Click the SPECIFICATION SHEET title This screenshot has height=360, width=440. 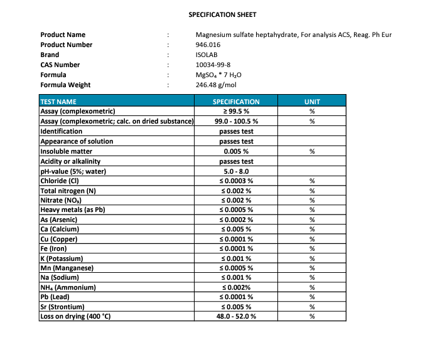[222, 14]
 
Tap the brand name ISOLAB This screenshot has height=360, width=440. [207, 55]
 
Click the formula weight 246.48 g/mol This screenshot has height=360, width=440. [216, 85]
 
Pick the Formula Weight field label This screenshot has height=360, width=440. [65, 85]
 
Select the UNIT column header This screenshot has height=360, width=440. [312, 101]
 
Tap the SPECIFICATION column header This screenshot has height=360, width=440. [236, 101]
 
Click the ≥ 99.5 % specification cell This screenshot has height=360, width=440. [236, 111]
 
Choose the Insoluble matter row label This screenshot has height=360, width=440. [66, 151]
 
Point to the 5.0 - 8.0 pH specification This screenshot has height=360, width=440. [236, 171]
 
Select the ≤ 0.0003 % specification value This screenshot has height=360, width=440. [236, 181]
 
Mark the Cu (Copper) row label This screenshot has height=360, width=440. [59, 239]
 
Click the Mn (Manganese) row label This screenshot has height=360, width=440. [67, 268]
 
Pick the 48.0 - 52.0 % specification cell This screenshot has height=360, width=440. [236, 316]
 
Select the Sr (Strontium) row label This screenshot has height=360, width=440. [62, 307]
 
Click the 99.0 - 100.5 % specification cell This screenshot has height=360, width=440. [236, 121]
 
